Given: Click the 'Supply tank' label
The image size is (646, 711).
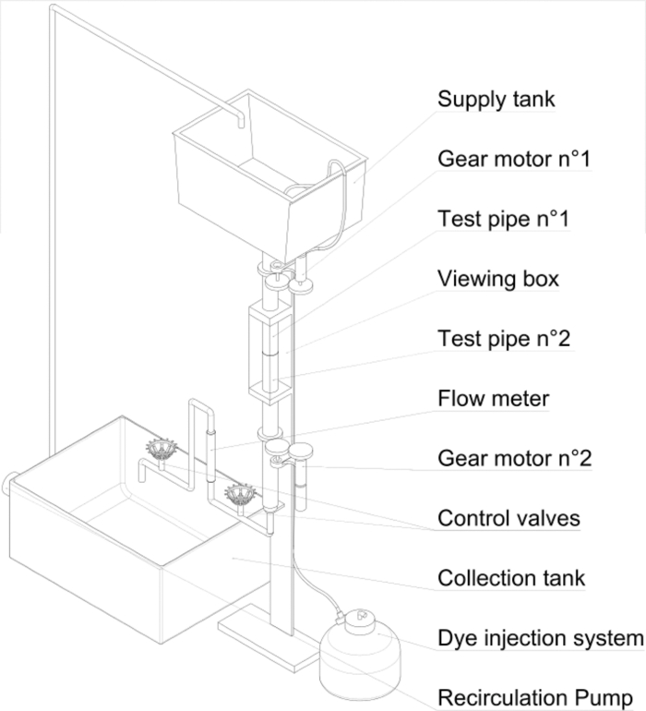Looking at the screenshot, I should click(x=496, y=98).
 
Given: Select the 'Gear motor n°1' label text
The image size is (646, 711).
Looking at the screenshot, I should click(x=513, y=159).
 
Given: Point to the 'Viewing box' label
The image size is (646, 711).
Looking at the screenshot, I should click(x=497, y=278).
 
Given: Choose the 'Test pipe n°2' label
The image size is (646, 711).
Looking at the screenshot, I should click(x=504, y=338).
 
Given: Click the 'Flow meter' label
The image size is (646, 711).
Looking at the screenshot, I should click(x=493, y=398).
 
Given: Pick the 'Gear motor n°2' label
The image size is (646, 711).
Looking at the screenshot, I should click(x=513, y=458).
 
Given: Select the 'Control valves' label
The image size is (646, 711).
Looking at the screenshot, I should click(x=508, y=518).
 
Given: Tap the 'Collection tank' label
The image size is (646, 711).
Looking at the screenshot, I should click(x=510, y=578).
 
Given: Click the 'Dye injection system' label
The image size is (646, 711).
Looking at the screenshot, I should click(x=540, y=638).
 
